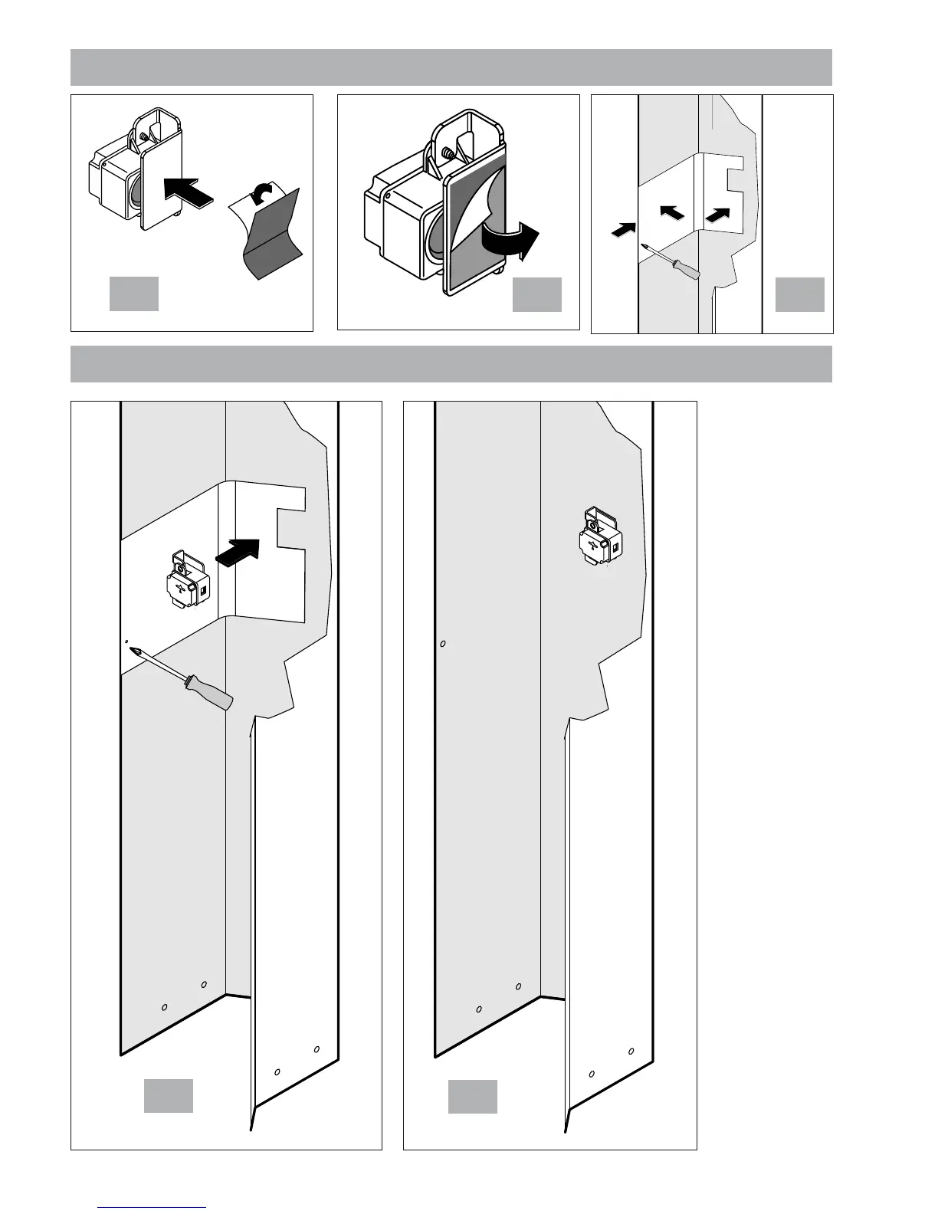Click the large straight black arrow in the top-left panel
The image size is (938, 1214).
pyautogui.click(x=188, y=189)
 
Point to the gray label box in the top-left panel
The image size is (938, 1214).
pyautogui.click(x=133, y=294)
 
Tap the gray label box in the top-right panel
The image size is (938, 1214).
pyautogui.click(x=800, y=295)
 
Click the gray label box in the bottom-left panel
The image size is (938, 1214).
pyautogui.click(x=169, y=1096)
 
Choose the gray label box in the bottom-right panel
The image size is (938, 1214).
pyautogui.click(x=473, y=1096)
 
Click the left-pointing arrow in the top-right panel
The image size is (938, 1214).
pyautogui.click(x=672, y=214)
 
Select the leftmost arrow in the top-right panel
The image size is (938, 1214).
pyautogui.click(x=624, y=228)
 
